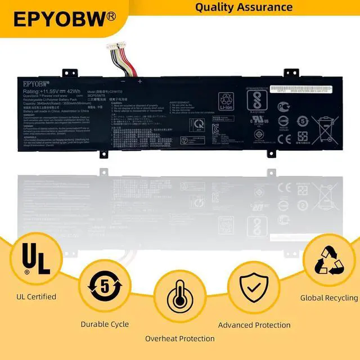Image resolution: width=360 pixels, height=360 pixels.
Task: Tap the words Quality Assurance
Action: (x=244, y=7)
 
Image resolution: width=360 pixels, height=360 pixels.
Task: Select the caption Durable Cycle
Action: (x=105, y=324)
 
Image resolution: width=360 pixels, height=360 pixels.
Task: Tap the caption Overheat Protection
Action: (x=179, y=339)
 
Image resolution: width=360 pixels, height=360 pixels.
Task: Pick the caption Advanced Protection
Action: (x=254, y=325)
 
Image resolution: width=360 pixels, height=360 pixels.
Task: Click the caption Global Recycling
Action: (x=329, y=298)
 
